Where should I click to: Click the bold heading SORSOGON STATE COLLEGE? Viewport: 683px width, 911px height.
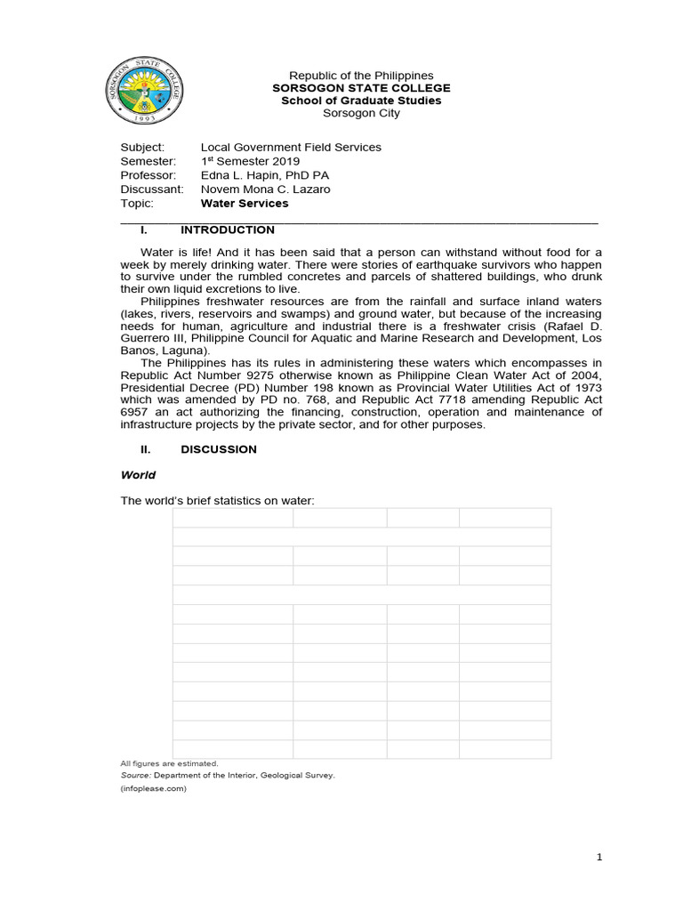[x=361, y=88]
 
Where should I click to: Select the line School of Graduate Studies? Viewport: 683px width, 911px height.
[x=361, y=101]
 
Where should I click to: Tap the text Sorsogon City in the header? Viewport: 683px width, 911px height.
[x=361, y=113]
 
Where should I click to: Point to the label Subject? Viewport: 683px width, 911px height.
[x=142, y=147]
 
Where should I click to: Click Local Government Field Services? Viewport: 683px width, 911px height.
[x=291, y=147]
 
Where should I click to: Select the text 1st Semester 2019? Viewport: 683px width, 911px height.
[x=250, y=161]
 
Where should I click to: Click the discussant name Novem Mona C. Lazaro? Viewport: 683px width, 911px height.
[x=265, y=189]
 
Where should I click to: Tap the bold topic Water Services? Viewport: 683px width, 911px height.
[x=245, y=204]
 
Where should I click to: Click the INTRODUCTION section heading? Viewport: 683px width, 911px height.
[x=228, y=230]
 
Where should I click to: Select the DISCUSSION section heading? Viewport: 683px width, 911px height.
[x=219, y=449]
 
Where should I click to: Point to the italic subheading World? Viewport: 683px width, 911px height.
[x=138, y=475]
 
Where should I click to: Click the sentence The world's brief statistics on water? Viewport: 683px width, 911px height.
[x=218, y=501]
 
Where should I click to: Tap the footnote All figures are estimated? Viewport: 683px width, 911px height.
[x=169, y=763]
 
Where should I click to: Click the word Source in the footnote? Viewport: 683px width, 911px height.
[x=135, y=776]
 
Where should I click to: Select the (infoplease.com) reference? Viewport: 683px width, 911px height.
[x=153, y=788]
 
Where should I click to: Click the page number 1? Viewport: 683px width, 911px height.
[x=599, y=858]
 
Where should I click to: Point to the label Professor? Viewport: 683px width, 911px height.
[x=149, y=175]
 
